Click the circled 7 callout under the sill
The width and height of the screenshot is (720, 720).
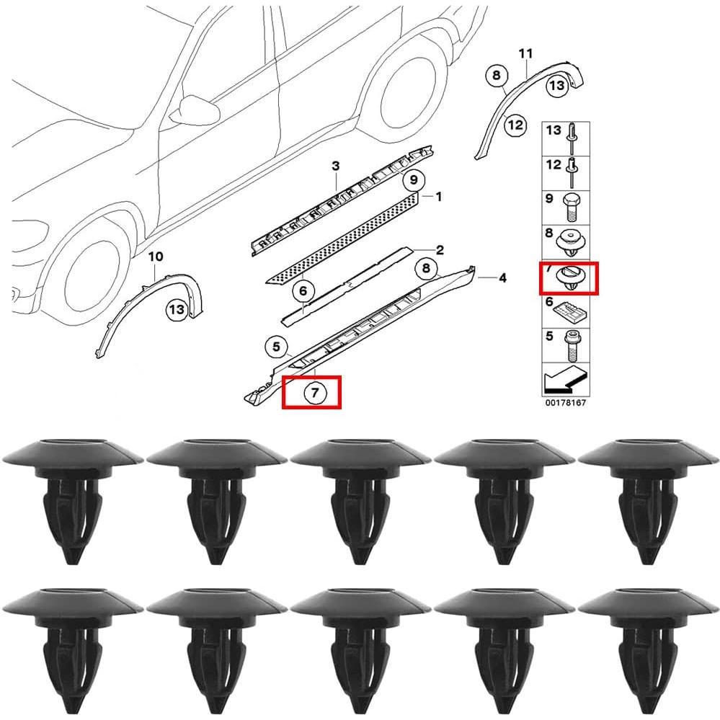pyautogui.click(x=311, y=393)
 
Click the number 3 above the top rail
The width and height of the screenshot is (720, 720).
pyautogui.click(x=335, y=167)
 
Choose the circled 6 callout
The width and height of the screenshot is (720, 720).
pyautogui.click(x=303, y=291)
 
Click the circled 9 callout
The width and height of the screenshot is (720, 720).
pyautogui.click(x=413, y=179)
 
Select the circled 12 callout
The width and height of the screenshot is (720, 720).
pyautogui.click(x=515, y=125)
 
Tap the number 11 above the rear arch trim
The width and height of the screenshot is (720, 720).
pyautogui.click(x=525, y=53)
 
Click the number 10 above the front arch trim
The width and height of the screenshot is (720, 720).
pyautogui.click(x=156, y=257)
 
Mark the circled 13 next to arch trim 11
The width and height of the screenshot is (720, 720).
pyautogui.click(x=556, y=86)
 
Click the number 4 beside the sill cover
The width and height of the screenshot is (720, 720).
pyautogui.click(x=502, y=277)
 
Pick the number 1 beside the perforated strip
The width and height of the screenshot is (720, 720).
pyautogui.click(x=438, y=196)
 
